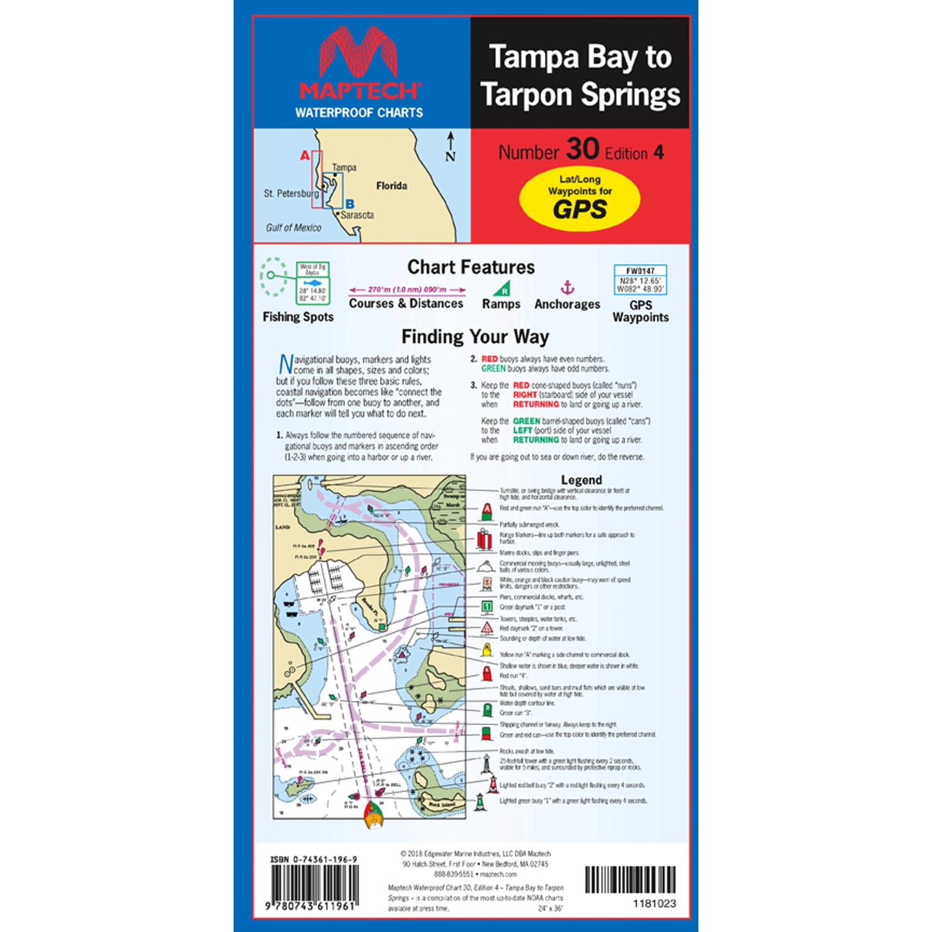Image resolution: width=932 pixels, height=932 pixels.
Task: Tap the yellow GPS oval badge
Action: pyautogui.click(x=579, y=198)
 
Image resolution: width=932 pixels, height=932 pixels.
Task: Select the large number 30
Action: pyautogui.click(x=582, y=150)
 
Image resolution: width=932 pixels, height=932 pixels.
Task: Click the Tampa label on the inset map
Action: pyautogui.click(x=344, y=167)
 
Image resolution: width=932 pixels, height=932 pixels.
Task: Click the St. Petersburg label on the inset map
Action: pyautogui.click(x=291, y=194)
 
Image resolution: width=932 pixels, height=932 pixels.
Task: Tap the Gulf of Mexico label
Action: pyautogui.click(x=293, y=227)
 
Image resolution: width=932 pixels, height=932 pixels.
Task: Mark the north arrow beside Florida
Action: pyautogui.click(x=450, y=147)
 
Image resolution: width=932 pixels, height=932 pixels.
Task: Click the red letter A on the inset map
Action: pyautogui.click(x=304, y=156)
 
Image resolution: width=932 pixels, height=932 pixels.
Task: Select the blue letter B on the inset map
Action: pyautogui.click(x=350, y=204)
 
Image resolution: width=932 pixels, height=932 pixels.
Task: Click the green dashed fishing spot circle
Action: pyautogui.click(x=272, y=275)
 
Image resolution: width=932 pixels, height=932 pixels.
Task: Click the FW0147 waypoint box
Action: pyautogui.click(x=640, y=280)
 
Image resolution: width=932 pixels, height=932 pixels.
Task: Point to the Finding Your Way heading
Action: pyautogui.click(x=475, y=337)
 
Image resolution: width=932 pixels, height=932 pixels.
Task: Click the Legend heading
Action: pyautogui.click(x=581, y=480)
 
